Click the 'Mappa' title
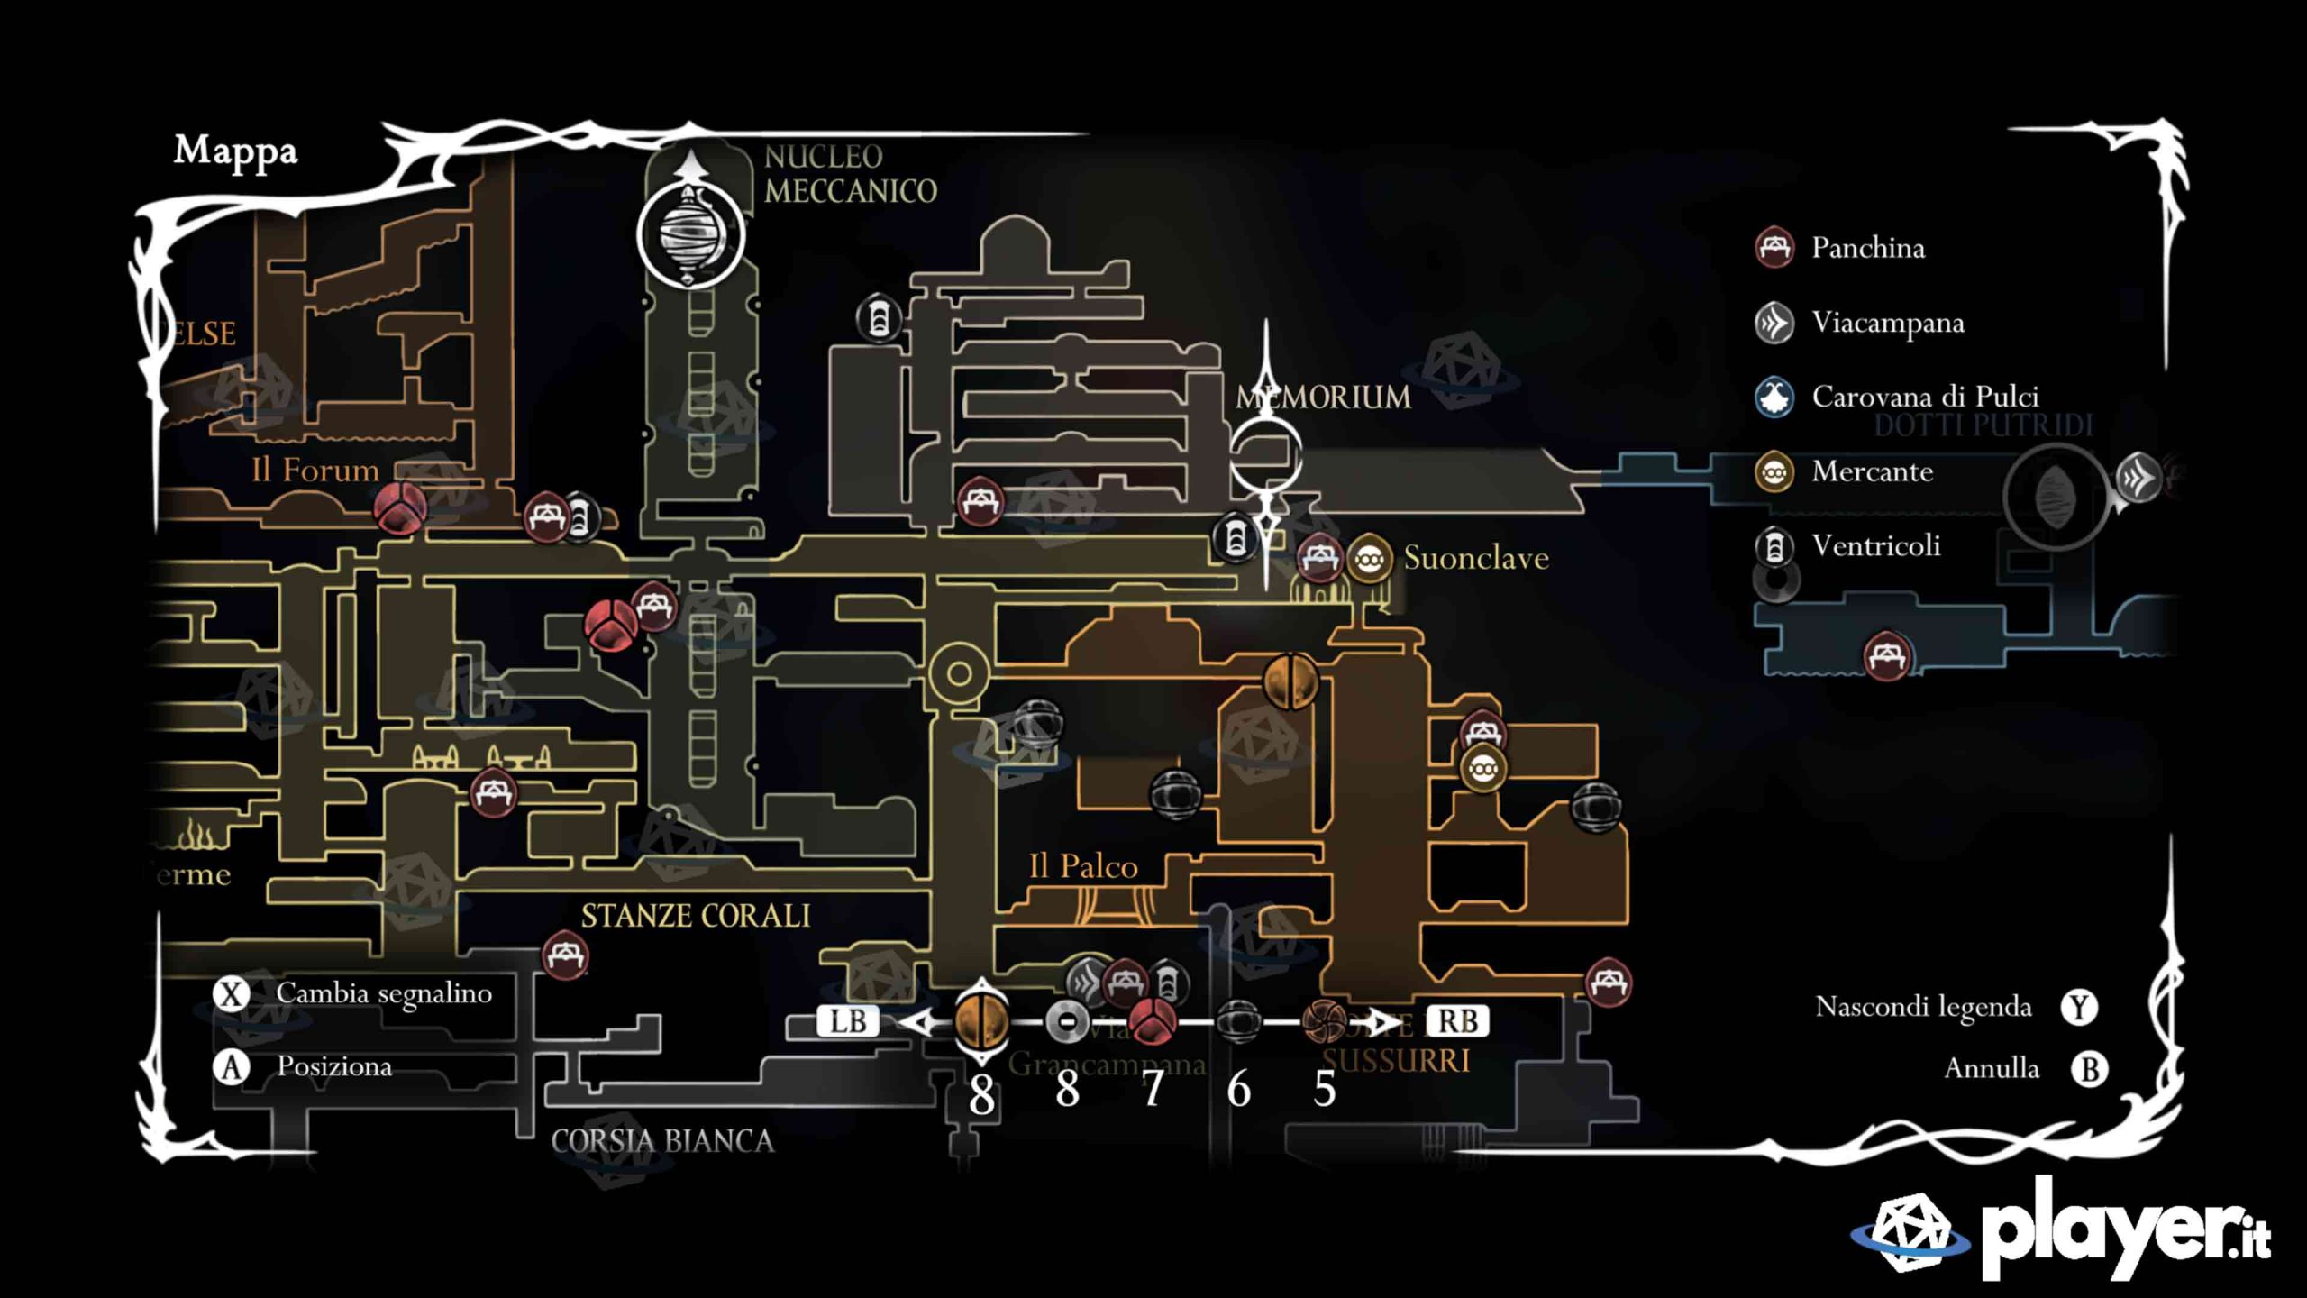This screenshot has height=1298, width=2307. coord(235,151)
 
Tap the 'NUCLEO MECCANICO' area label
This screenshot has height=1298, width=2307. coord(850,174)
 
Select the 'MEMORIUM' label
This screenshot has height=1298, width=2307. coord(1323,398)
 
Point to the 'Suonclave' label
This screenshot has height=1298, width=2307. coord(1476,558)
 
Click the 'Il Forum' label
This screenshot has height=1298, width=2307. coord(315,470)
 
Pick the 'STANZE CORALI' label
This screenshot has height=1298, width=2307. coord(695,916)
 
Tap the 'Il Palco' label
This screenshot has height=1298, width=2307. coord(1083,866)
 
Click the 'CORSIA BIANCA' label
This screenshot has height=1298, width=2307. coord(662,1141)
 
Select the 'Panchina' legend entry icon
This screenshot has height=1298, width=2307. coord(1774,247)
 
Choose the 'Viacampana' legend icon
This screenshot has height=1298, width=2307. coord(1774,323)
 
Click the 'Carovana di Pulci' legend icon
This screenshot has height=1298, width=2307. coord(1774,397)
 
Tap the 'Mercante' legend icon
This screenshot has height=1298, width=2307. coord(1774,471)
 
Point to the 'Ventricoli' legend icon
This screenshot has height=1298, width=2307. coord(1774,546)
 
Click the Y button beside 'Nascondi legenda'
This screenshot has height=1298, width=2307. coord(2079,1007)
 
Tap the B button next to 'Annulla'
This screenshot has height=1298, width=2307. coord(2089,1069)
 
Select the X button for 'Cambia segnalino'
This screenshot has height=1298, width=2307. coord(232,994)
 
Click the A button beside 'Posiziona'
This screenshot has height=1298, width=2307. coord(232,1067)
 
